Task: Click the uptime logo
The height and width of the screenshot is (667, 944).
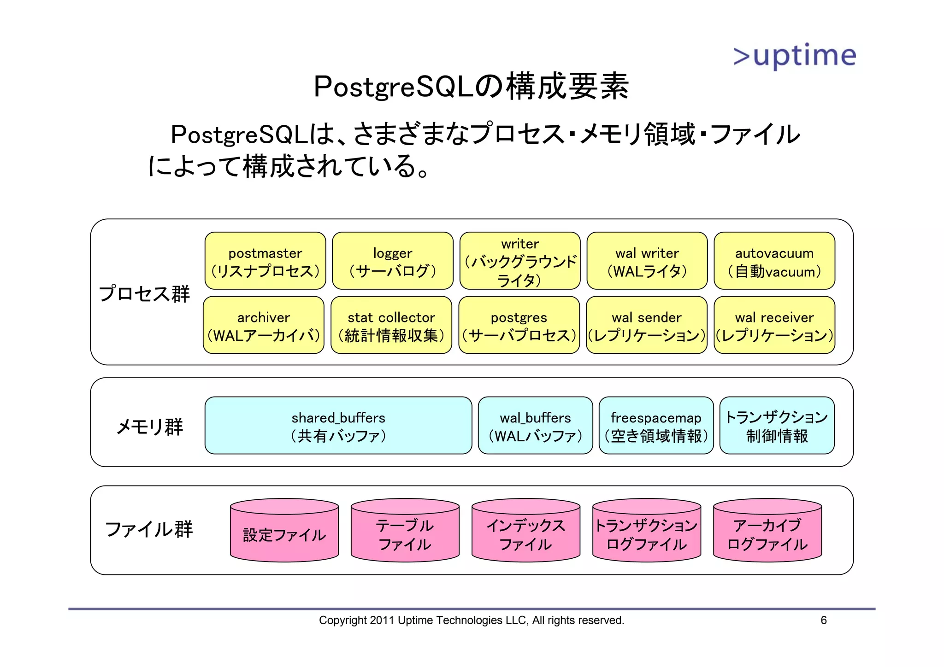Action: pyautogui.click(x=795, y=56)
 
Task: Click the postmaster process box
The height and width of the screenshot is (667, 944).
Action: pyautogui.click(x=265, y=261)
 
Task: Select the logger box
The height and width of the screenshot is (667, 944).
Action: pyautogui.click(x=392, y=261)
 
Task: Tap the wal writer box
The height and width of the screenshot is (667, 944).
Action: pyautogui.click(x=647, y=261)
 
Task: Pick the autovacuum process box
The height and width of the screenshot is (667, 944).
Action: pyautogui.click(x=774, y=261)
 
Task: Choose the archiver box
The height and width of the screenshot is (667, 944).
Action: pyautogui.click(x=263, y=325)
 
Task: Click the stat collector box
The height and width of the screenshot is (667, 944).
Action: pyautogui.click(x=391, y=325)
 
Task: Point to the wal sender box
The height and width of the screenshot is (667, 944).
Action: pyautogui.click(x=646, y=325)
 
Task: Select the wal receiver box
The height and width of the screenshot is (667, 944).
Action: pyautogui.click(x=774, y=325)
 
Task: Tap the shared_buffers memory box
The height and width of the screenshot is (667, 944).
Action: pyautogui.click(x=338, y=426)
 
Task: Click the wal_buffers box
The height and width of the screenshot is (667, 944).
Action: pyautogui.click(x=535, y=426)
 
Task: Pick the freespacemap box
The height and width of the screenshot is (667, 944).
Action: pyautogui.click(x=656, y=426)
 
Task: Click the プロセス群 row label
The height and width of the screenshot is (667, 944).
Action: pyautogui.click(x=144, y=293)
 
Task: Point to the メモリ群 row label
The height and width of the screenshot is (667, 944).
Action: pyautogui.click(x=149, y=427)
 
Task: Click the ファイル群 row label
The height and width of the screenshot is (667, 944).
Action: pyautogui.click(x=149, y=529)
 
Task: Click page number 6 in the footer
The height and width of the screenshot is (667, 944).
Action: pyautogui.click(x=823, y=620)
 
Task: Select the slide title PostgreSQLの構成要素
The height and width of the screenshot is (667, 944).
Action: pyautogui.click(x=471, y=86)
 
